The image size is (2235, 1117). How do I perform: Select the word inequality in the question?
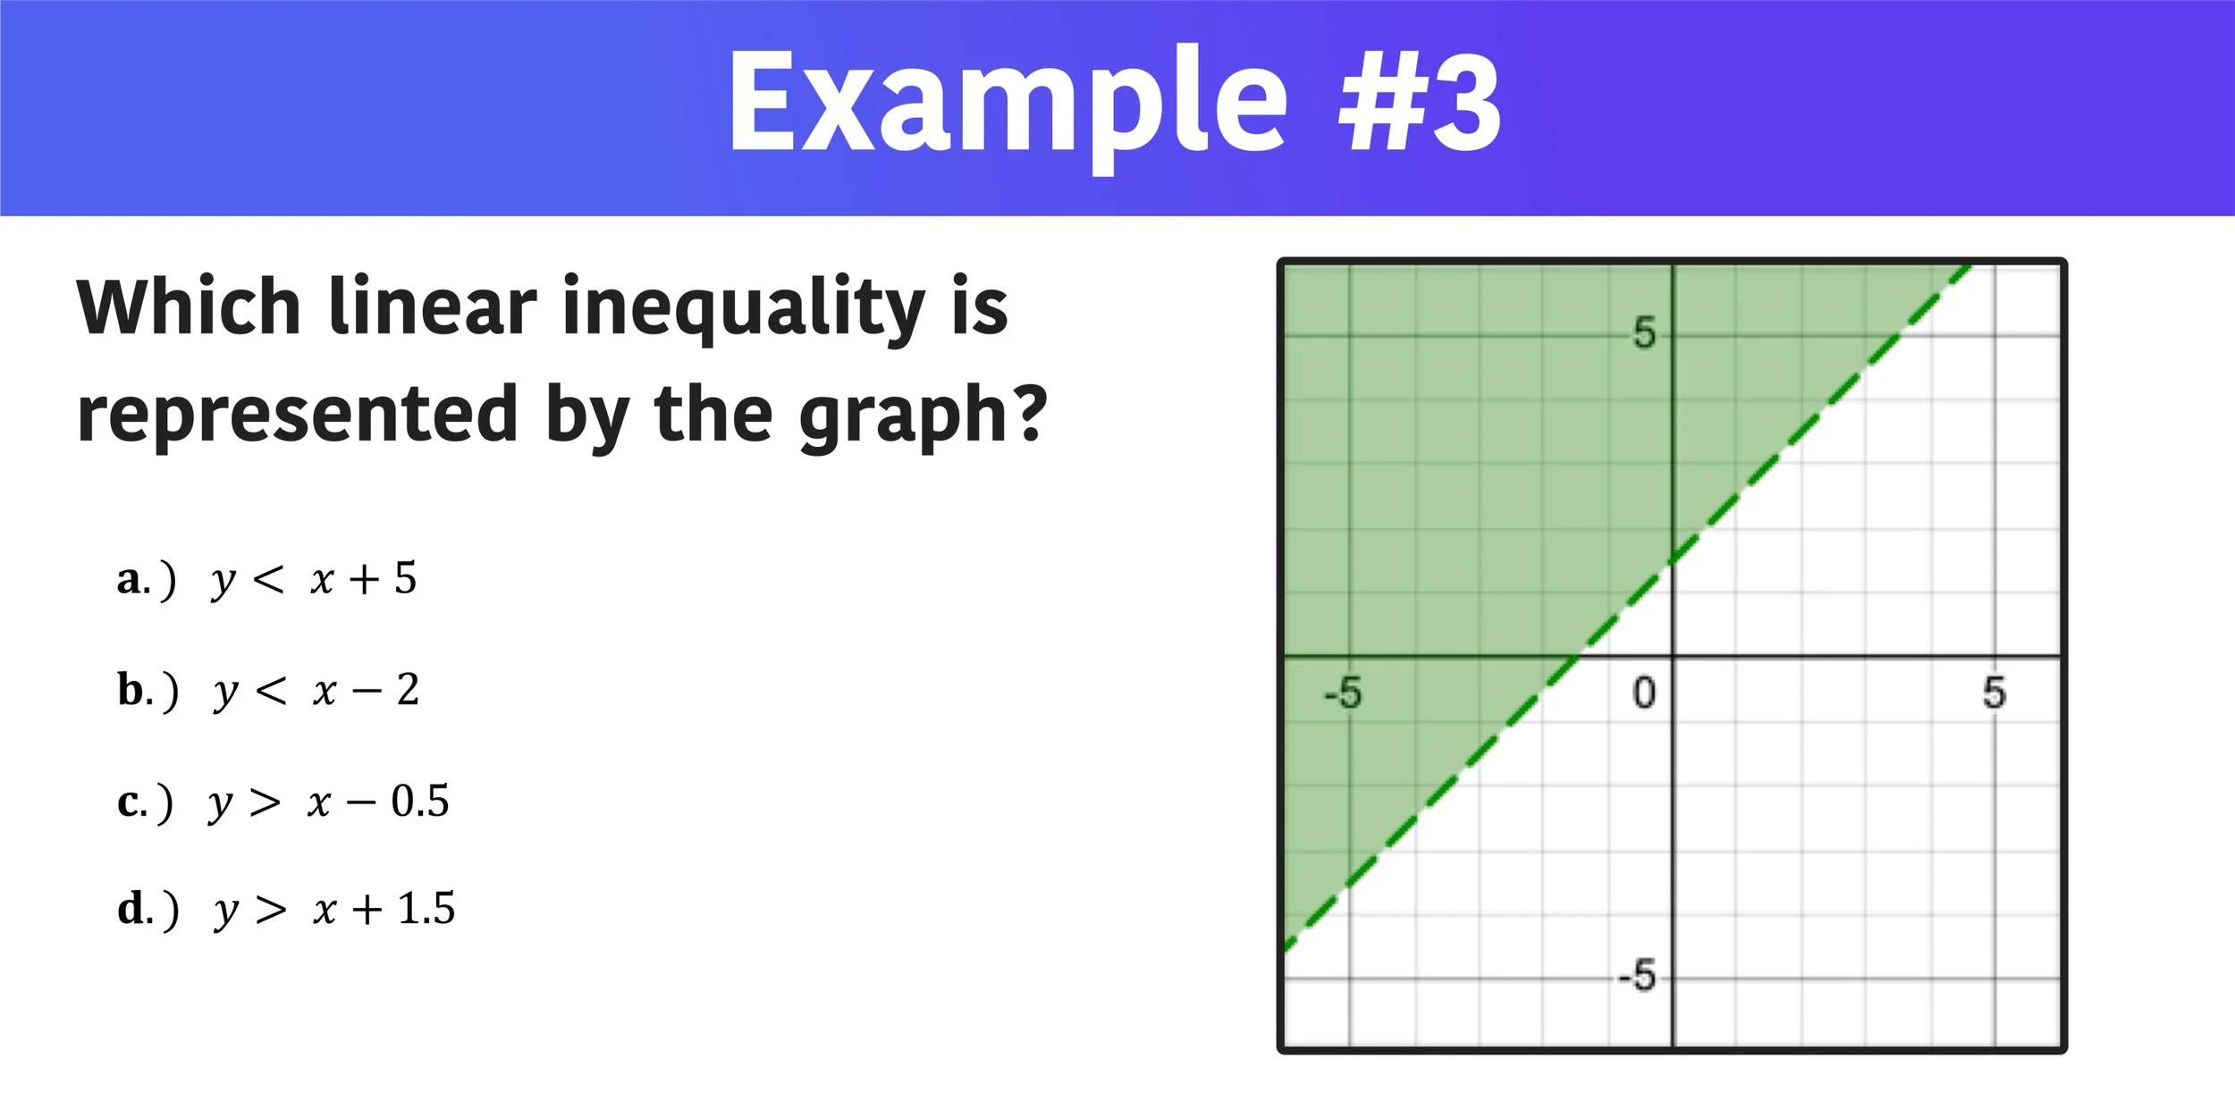(743, 308)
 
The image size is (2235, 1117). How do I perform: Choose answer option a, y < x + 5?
(267, 579)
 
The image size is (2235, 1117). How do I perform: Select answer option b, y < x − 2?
(268, 691)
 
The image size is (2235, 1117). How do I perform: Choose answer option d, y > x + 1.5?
(286, 910)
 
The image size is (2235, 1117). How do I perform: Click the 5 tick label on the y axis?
(1644, 333)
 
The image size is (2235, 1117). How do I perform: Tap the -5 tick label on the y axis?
(1637, 976)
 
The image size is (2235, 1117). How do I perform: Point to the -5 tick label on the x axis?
(1343, 693)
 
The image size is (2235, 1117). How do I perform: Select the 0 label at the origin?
(1644, 693)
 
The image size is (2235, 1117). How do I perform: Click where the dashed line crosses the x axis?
(1577, 657)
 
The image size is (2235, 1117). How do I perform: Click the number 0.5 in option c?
(420, 802)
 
